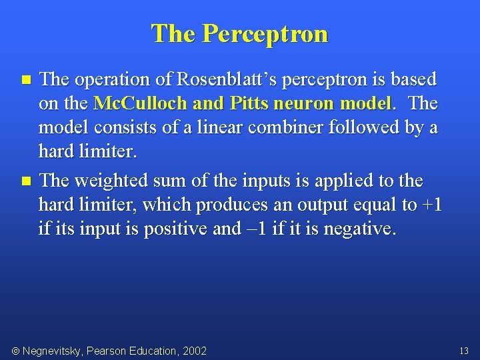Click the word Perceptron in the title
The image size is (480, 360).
coord(265,33)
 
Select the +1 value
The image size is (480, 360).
coord(432,205)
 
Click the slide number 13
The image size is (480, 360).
coord(464,351)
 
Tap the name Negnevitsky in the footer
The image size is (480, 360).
coord(55,351)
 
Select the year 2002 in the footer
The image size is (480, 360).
coord(194,351)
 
